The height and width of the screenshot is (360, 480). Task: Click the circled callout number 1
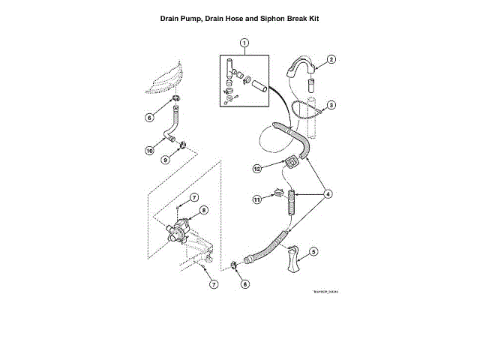coord(242,43)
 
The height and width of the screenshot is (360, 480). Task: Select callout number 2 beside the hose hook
coord(331,59)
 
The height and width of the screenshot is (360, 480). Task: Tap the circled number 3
coord(331,105)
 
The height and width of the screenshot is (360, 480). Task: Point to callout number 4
coord(327,193)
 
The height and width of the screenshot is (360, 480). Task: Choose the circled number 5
coord(313,252)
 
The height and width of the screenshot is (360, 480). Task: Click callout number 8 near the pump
coord(203,211)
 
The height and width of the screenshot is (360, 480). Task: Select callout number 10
coord(150,150)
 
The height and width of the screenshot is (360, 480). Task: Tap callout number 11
coord(256,199)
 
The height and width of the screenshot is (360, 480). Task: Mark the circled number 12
coord(256,169)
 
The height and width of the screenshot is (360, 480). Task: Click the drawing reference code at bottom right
coord(326,292)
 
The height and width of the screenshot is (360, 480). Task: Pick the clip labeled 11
coord(279,193)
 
